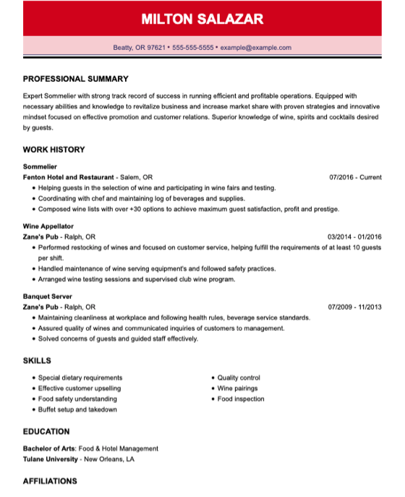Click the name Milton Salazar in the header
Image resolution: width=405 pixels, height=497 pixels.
coord(202,18)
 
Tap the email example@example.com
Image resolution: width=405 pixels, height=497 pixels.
coord(255,48)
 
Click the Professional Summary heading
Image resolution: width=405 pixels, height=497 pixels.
coord(75,79)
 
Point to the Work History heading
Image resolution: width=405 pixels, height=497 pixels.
coord(54,150)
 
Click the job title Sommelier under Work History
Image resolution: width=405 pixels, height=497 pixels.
coord(40,166)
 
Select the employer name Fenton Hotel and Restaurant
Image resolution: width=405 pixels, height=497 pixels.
coord(69,177)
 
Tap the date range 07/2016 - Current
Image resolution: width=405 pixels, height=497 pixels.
coord(354,177)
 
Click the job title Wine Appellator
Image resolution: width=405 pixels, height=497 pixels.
coord(48,226)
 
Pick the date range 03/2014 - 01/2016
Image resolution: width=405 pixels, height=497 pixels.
coord(354,237)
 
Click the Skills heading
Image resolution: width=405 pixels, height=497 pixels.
coord(36,360)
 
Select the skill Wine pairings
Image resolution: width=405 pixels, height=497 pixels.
coord(238,388)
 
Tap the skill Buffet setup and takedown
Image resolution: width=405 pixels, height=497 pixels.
coord(77,409)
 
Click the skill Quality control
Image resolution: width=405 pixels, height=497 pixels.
coord(238,378)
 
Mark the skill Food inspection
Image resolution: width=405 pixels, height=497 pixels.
coord(241,399)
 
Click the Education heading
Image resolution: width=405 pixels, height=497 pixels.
coord(46,432)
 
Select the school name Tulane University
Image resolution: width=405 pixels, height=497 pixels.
coord(50,459)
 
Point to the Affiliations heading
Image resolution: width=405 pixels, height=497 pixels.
coord(50,481)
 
